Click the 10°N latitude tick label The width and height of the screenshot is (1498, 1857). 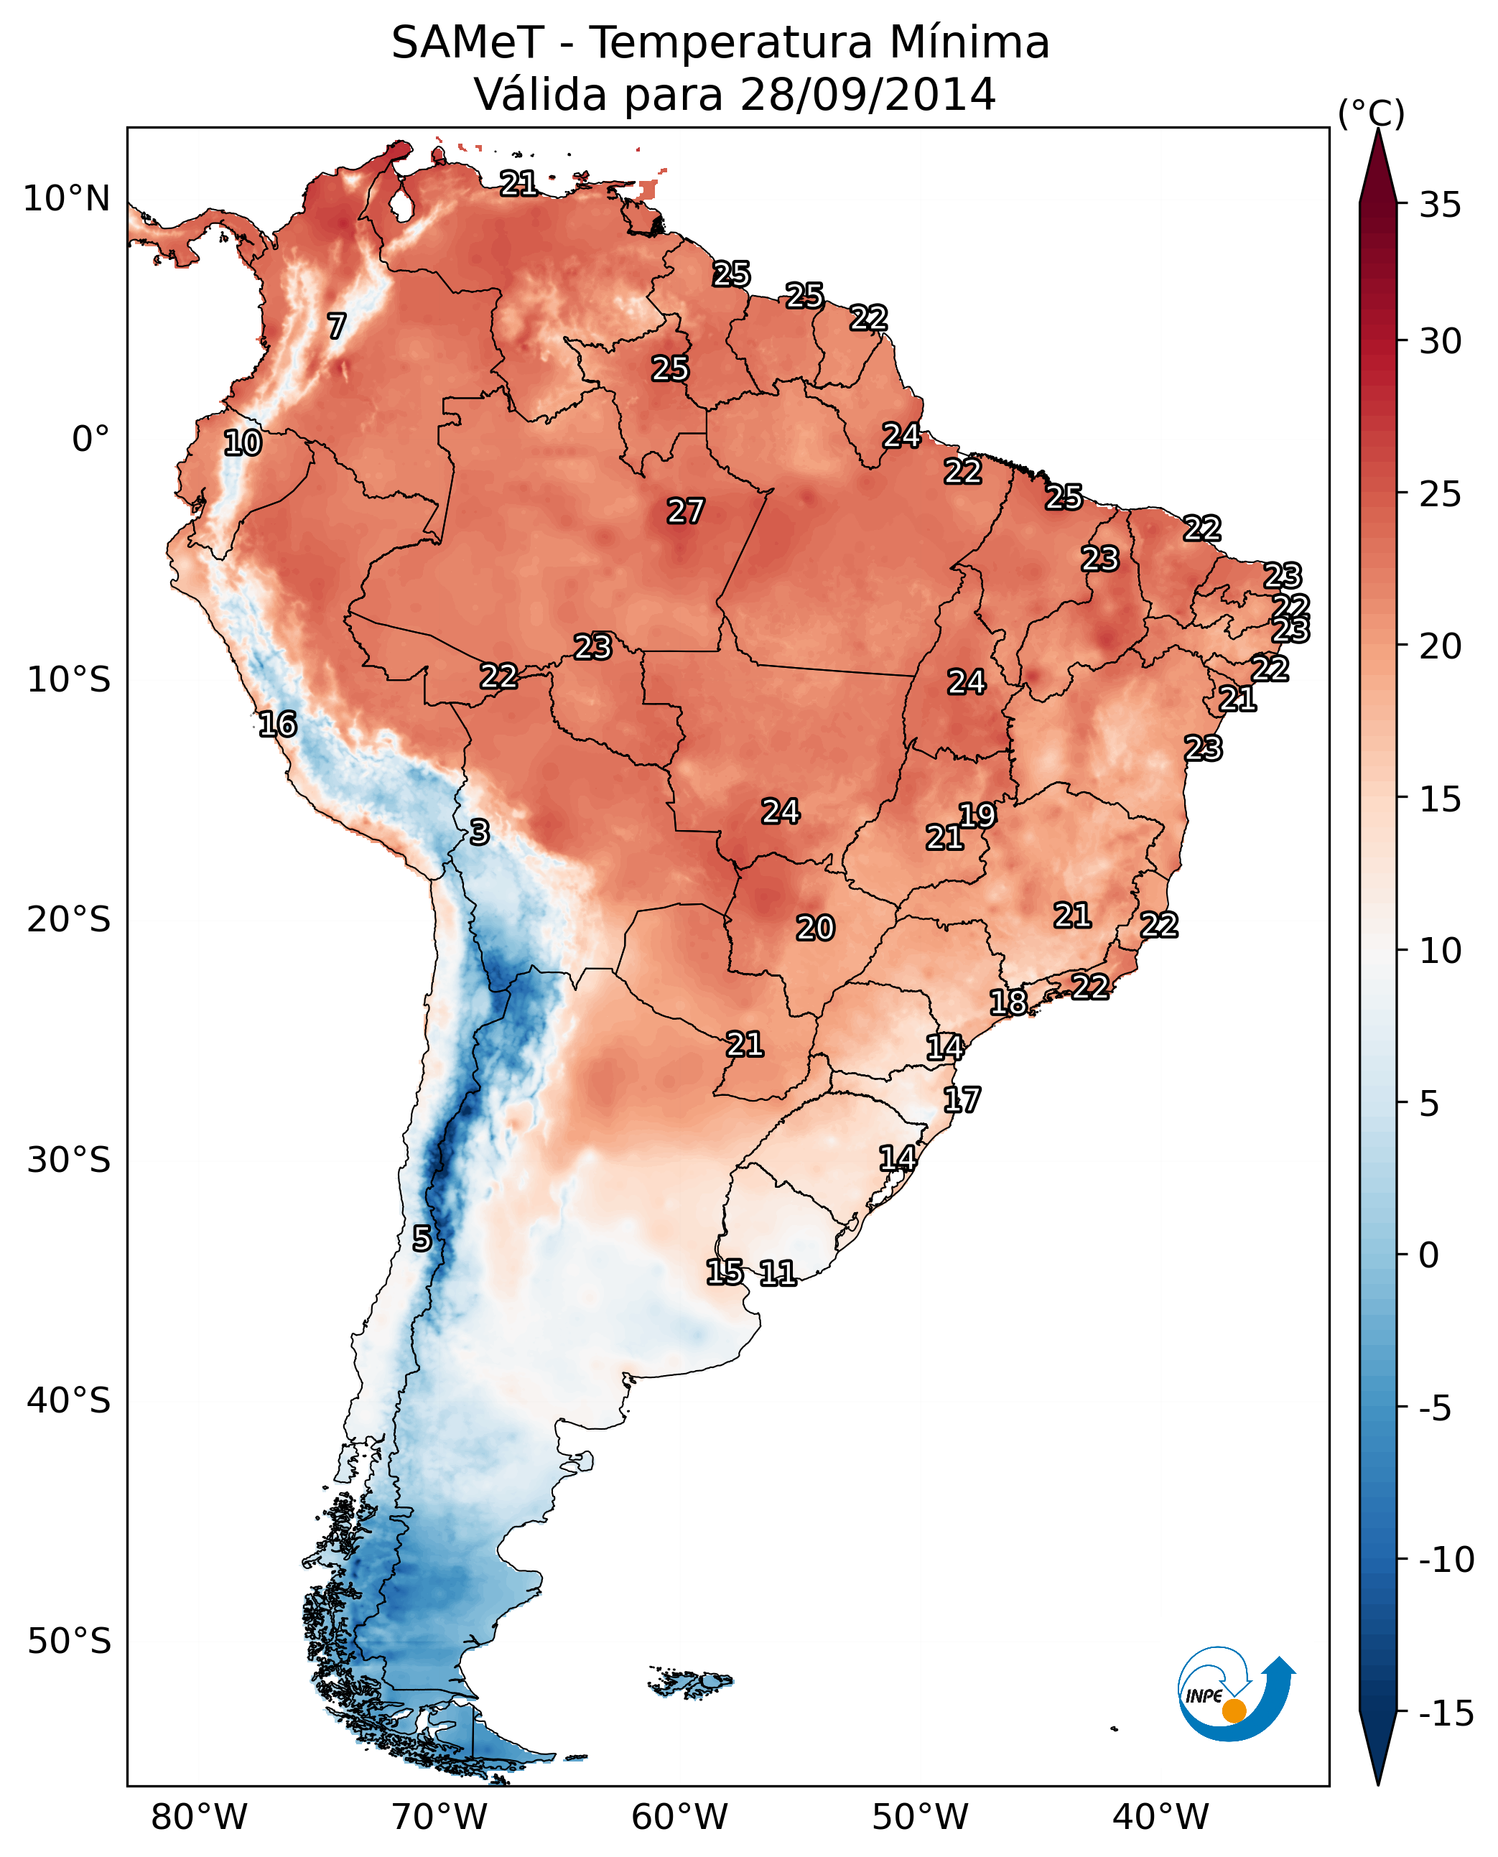click(67, 200)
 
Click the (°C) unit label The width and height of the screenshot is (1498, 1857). click(1371, 113)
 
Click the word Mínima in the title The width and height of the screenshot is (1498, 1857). click(967, 42)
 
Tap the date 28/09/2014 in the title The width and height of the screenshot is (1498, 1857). click(867, 94)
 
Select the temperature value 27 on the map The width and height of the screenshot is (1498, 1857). click(685, 511)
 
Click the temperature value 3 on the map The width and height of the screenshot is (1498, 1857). click(479, 832)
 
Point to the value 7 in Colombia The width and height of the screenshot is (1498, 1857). click(337, 326)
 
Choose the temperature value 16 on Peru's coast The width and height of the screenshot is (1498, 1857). click(277, 724)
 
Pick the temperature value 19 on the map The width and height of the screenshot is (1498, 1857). click(977, 814)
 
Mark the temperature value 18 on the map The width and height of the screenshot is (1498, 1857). click(1008, 1002)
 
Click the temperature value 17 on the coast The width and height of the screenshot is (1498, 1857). click(962, 1100)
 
